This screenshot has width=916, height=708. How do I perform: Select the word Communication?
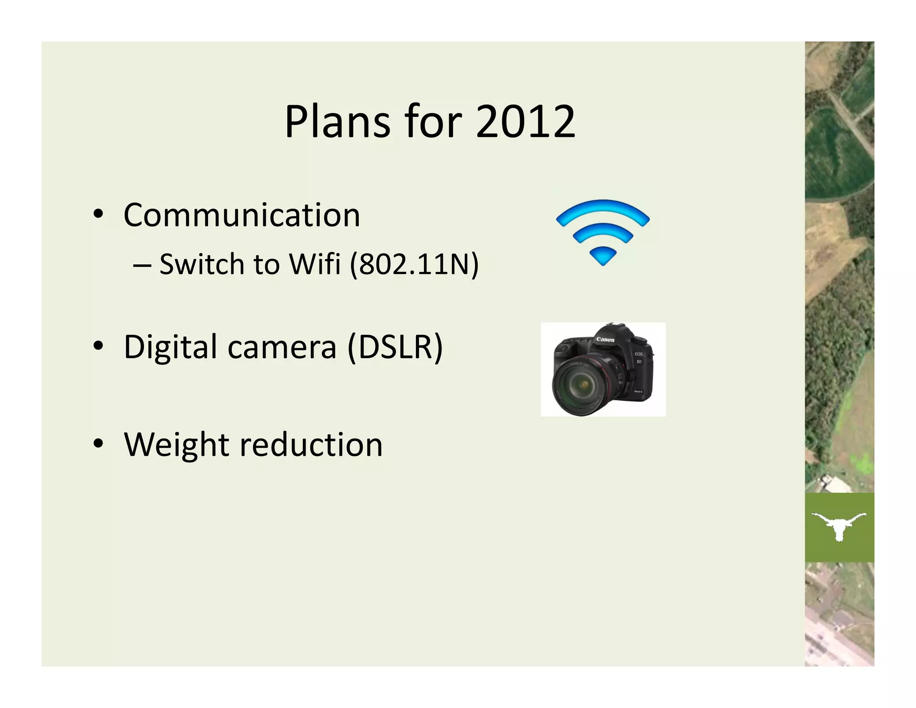click(242, 215)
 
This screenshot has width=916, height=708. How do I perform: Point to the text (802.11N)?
click(414, 264)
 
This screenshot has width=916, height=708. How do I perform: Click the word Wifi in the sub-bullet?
click(315, 264)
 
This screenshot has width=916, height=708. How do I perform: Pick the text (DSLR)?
click(395, 347)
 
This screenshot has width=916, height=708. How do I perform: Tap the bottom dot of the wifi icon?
click(602, 256)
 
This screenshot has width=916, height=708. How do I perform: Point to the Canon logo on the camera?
click(605, 340)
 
